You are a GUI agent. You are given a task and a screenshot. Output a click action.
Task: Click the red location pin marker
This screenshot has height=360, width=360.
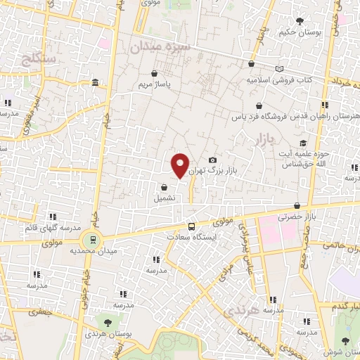181,165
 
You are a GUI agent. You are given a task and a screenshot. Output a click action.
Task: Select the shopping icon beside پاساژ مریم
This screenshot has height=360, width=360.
154,73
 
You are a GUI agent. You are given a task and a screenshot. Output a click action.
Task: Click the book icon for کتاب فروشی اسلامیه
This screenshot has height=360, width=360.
281,69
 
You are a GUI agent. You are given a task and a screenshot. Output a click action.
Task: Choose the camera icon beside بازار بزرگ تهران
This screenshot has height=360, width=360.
213,160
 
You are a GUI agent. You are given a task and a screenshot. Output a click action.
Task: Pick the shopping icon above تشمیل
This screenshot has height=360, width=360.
164,188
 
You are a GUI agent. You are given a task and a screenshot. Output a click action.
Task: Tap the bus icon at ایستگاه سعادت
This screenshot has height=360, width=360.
191,226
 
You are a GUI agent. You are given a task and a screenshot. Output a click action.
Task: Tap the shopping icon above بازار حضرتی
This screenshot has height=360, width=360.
297,206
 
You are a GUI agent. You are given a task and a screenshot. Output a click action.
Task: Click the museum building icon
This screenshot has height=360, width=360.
95,84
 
